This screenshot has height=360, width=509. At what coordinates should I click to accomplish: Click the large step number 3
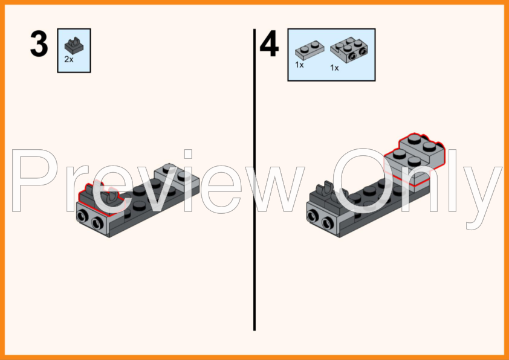point(39,43)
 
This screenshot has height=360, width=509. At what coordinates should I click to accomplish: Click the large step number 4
point(269,43)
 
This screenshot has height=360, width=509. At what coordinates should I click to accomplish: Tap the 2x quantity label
point(69,59)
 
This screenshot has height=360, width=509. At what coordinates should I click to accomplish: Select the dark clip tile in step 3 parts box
point(74,45)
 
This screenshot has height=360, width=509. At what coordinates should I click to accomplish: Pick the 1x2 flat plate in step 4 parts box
point(310,50)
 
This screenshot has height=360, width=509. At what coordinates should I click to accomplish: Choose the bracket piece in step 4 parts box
point(349,50)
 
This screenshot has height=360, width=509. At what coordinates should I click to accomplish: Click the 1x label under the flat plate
point(299,65)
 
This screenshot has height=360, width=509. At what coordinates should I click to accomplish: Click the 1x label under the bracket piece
point(334,68)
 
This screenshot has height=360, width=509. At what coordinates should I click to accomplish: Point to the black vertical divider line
point(254,179)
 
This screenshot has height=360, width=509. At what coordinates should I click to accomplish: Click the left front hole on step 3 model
point(82,216)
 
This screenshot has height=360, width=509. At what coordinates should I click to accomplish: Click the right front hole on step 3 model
point(97,223)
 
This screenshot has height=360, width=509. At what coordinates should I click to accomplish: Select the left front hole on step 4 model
point(313,216)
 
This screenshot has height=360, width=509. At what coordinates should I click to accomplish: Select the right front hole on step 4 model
point(328,223)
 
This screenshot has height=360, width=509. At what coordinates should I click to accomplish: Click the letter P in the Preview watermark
point(34,181)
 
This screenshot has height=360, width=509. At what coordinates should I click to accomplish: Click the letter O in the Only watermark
point(363,181)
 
